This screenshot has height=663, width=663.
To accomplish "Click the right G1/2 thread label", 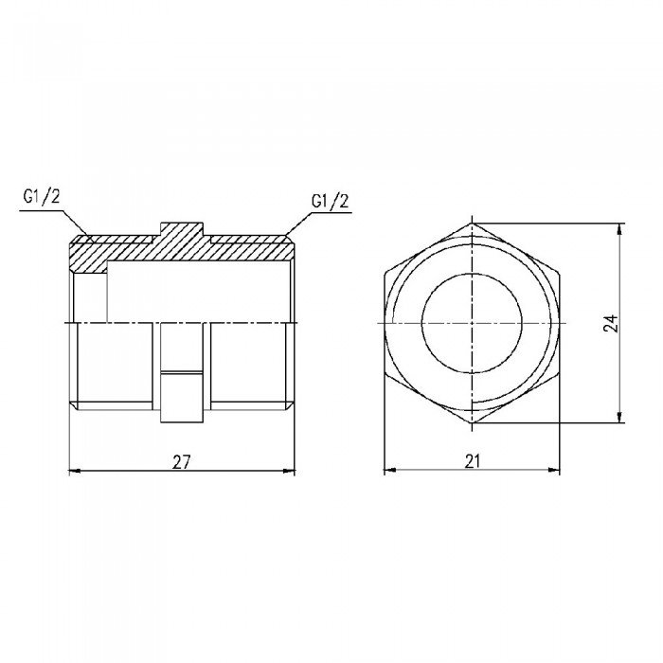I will (x=330, y=201).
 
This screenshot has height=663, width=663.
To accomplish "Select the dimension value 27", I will (x=182, y=461).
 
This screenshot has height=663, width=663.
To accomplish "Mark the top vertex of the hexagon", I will (x=473, y=224).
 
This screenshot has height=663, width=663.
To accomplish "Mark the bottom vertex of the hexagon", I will (x=473, y=423).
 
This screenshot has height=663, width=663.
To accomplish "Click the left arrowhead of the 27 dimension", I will (x=76, y=471).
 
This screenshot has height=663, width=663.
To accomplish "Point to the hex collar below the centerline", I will (x=182, y=374).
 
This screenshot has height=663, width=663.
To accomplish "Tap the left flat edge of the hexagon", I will (x=385, y=323).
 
